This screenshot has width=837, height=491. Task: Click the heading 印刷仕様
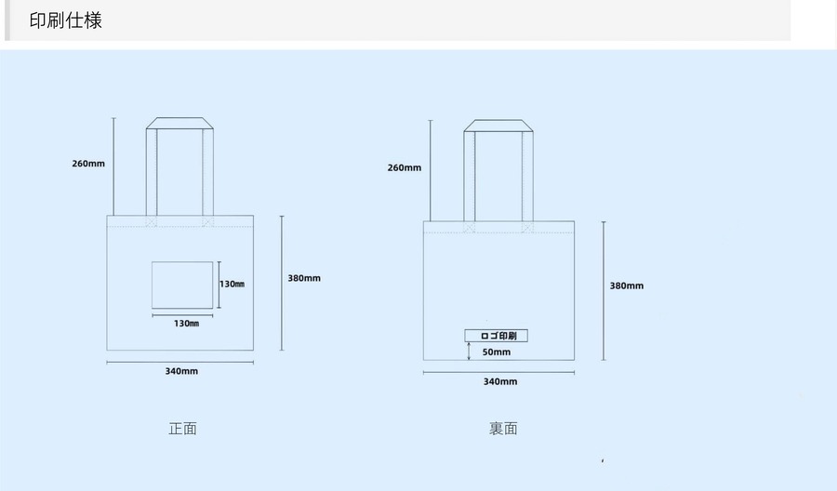65,20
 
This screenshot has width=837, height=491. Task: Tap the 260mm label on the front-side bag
88,164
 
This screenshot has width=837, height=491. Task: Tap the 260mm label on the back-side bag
404,167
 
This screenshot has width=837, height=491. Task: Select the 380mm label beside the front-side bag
304,278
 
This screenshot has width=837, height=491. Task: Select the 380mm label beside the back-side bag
626,285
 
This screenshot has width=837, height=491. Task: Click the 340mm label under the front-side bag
181,371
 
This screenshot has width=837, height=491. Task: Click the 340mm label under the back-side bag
499,381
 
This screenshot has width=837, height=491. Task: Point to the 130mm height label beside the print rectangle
232,284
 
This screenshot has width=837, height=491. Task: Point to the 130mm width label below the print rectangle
186,324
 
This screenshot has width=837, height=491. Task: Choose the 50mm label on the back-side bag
496,352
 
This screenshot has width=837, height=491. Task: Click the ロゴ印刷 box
496,335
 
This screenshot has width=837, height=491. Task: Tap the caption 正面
182,429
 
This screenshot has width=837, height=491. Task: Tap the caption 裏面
503,429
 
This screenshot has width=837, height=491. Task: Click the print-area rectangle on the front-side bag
182,285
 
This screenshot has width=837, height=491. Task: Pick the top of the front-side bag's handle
180,123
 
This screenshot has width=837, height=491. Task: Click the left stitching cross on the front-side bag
152,222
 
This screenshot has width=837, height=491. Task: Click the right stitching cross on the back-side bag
527,227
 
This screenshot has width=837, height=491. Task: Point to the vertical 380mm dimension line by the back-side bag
604,290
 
